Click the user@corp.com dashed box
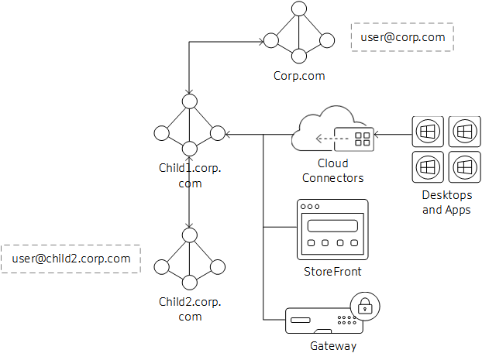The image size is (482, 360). pyautogui.click(x=401, y=36)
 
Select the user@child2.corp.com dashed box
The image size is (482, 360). pyautogui.click(x=71, y=259)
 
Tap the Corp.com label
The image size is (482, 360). pyautogui.click(x=299, y=76)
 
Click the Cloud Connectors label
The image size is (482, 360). pyautogui.click(x=332, y=170)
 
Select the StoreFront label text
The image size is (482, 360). pyautogui.click(x=332, y=272)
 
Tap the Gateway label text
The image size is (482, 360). pyautogui.click(x=332, y=345)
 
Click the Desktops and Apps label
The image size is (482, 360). pyautogui.click(x=446, y=202)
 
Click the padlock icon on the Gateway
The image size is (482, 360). pyautogui.click(x=363, y=307)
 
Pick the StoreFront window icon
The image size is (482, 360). pyautogui.click(x=332, y=230)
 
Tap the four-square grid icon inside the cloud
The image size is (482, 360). pyautogui.click(x=362, y=139)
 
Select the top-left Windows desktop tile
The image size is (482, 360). pyautogui.click(x=426, y=132)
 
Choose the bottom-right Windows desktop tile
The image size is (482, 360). pyautogui.click(x=463, y=166)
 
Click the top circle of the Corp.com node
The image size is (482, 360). pyautogui.click(x=299, y=9)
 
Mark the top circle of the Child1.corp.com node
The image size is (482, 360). pyautogui.click(x=190, y=101)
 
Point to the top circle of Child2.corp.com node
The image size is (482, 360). pyautogui.click(x=190, y=234)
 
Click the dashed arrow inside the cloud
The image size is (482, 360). pyautogui.click(x=330, y=140)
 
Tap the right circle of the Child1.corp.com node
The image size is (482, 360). pyautogui.click(x=218, y=133)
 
